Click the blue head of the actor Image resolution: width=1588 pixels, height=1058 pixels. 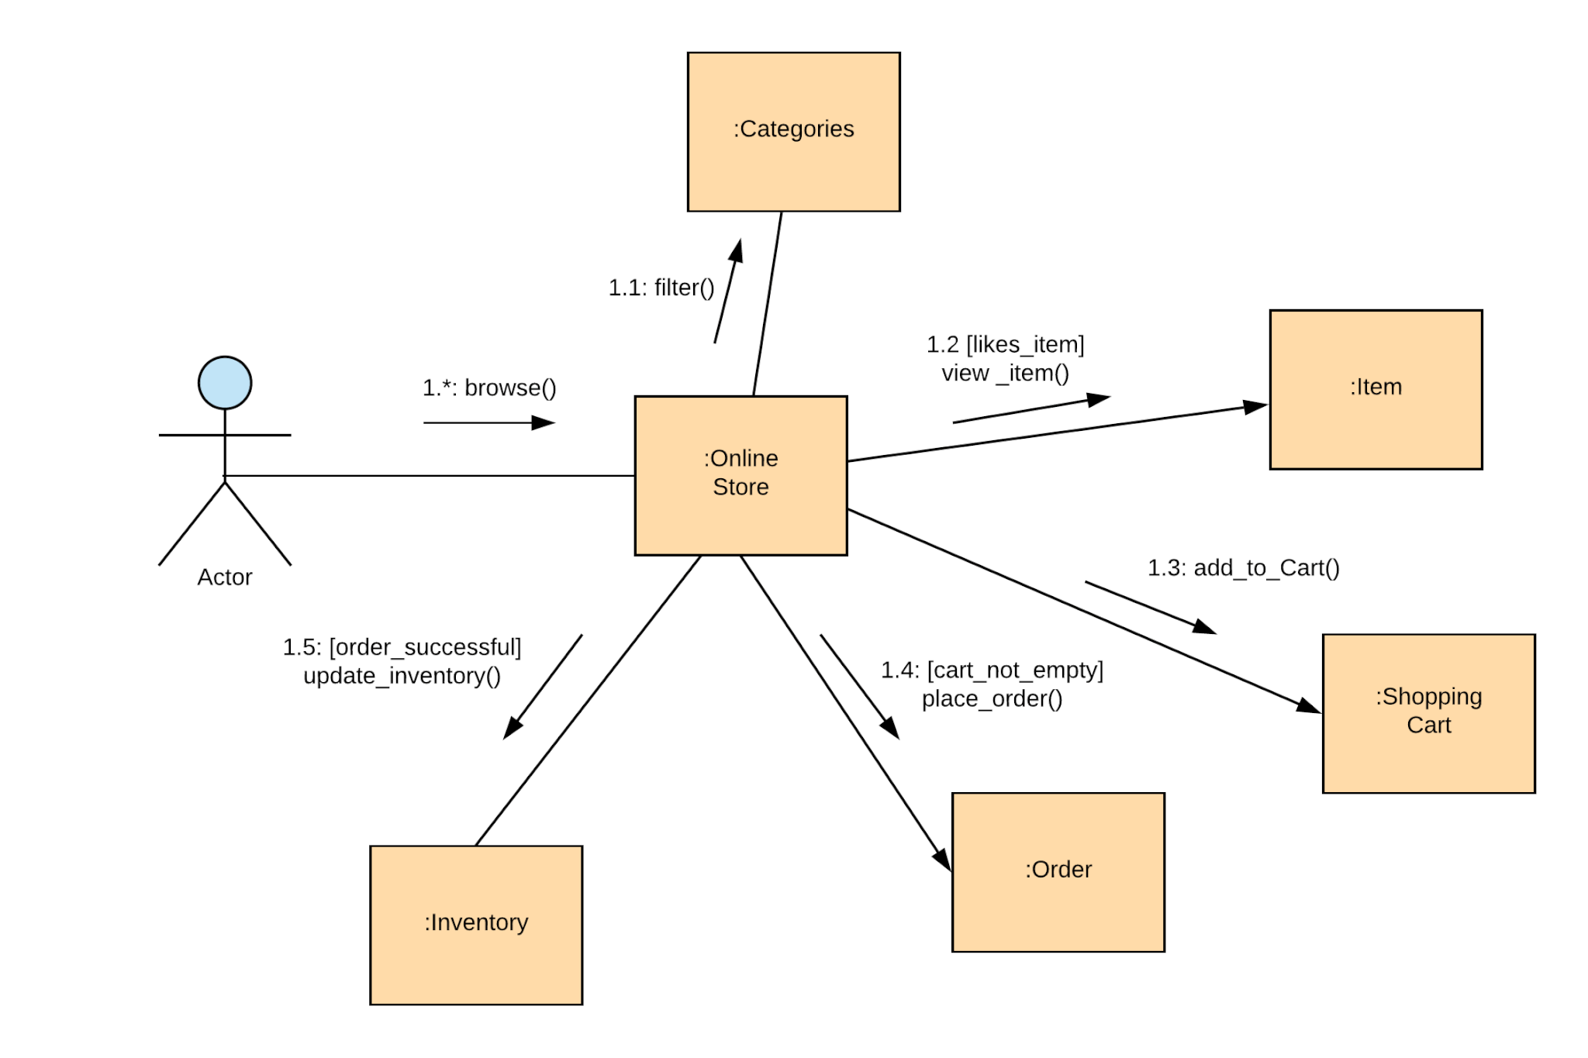pyautogui.click(x=225, y=383)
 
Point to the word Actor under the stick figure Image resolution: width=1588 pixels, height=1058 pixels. pyautogui.click(x=225, y=577)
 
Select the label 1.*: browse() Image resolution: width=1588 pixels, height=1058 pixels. pyautogui.click(x=489, y=388)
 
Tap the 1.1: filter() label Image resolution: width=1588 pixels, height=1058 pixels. pyautogui.click(x=661, y=288)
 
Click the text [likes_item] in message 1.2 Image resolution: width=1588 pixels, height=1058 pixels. pyautogui.click(x=1025, y=344)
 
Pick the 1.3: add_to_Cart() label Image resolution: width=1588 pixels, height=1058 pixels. pyautogui.click(x=1243, y=567)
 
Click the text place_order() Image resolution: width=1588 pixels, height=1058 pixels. pyautogui.click(x=992, y=698)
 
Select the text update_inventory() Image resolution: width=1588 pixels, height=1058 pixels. pyautogui.click(x=402, y=675)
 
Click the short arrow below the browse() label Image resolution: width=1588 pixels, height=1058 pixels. pyautogui.click(x=488, y=422)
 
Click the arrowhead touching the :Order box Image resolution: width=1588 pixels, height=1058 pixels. pyautogui.click(x=942, y=859)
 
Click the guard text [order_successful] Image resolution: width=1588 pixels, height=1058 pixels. pyautogui.click(x=425, y=646)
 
